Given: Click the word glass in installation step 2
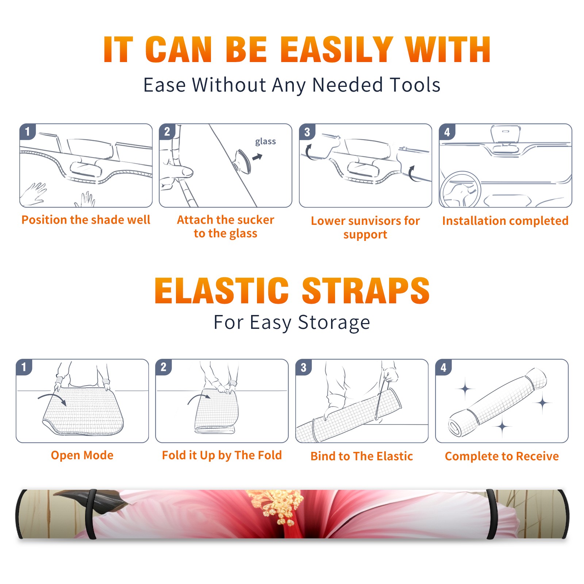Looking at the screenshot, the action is tap(265, 142).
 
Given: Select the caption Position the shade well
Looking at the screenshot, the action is tap(86, 220).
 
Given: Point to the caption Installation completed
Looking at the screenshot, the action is tap(505, 220).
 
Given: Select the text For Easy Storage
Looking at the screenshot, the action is tap(292, 323).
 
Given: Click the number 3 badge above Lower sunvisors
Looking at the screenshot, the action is tap(307, 132).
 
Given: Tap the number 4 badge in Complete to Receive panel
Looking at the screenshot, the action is tap(443, 367).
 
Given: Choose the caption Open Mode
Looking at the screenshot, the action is tap(82, 455).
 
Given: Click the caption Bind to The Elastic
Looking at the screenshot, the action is tap(362, 456).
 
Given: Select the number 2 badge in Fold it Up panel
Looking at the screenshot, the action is tap(164, 367).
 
